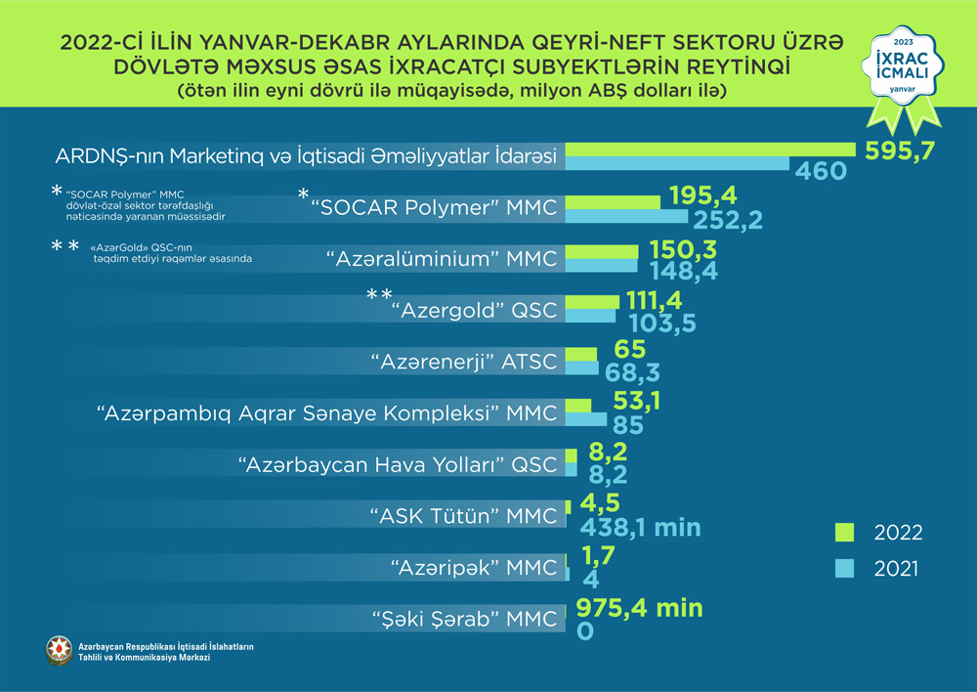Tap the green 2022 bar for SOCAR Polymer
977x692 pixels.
pos(613,200)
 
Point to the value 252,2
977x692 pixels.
pos(729,218)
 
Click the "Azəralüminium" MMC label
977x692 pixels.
pos(442,259)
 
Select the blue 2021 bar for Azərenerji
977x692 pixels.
pos(582,368)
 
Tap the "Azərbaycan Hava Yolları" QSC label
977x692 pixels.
pos(399,464)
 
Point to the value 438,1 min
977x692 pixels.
pos(641,528)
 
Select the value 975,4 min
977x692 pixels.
pos(640,608)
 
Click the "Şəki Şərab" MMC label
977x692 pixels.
pos(466,619)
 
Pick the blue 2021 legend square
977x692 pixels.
pos(845,568)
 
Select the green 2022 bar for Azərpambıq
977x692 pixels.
pos(578,405)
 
